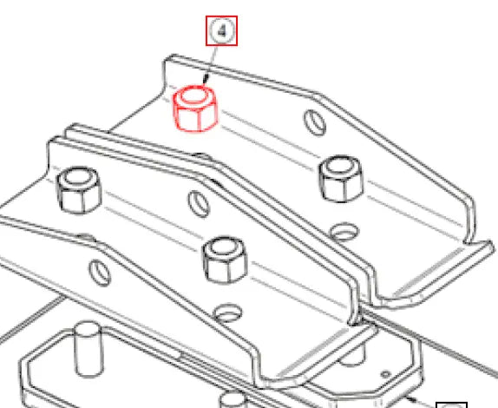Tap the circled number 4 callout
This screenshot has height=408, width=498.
pos(221,32)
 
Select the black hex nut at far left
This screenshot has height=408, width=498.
pos(78,192)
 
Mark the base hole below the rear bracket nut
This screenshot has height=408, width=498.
pos(345,232)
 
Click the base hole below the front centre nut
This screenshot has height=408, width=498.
pos(229,309)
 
